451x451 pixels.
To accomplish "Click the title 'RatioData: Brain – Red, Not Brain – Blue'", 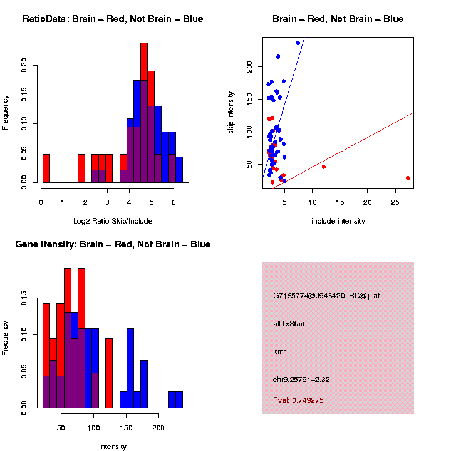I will pyautogui.click(x=113, y=19).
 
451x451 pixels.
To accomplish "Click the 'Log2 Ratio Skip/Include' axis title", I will pyautogui.click(x=113, y=221).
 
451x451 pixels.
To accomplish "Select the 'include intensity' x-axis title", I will pyautogui.click(x=338, y=221).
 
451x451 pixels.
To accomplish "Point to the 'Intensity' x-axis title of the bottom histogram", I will pyautogui.click(x=113, y=447).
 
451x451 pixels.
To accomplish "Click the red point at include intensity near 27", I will pyautogui.click(x=408, y=178).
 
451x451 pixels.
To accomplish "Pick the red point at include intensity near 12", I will pyautogui.click(x=323, y=167).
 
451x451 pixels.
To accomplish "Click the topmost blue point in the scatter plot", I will pyautogui.click(x=298, y=43).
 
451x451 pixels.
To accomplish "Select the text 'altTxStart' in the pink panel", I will pyautogui.click(x=289, y=324).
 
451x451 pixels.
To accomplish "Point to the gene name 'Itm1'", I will pyautogui.click(x=279, y=352).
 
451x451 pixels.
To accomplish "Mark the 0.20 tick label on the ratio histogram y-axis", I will pyautogui.click(x=24, y=65).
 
